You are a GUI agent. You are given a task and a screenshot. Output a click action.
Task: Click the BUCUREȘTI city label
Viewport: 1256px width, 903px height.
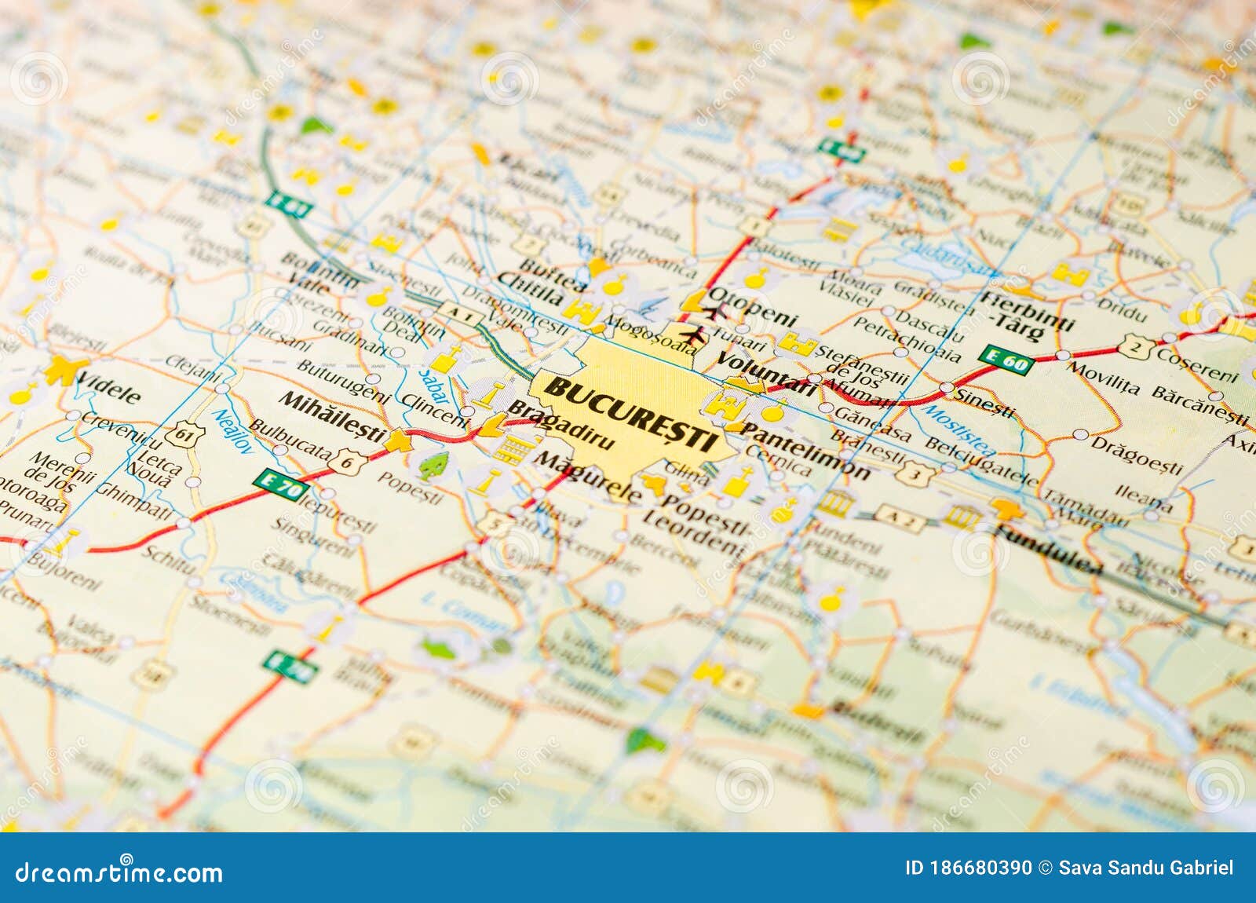pyautogui.click(x=630, y=411)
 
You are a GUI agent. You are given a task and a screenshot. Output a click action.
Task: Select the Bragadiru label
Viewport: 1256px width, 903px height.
pyautogui.click(x=561, y=426)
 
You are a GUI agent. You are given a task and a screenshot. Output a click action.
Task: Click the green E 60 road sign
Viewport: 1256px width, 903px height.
pyautogui.click(x=1006, y=360)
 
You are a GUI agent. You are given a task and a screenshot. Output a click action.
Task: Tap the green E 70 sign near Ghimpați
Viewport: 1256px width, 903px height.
pyautogui.click(x=280, y=486)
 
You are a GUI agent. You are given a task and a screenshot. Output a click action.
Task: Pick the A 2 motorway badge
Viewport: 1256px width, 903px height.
pyautogui.click(x=899, y=517)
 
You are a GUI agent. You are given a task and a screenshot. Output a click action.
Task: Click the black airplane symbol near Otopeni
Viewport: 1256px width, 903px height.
pyautogui.click(x=691, y=335)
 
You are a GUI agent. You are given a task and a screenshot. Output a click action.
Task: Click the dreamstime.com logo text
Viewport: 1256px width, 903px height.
pyautogui.click(x=119, y=873)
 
